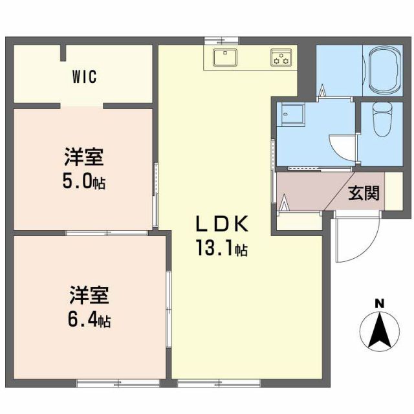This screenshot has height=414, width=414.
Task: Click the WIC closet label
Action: coord(84,78)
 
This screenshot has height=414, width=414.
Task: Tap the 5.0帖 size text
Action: coord(84,182)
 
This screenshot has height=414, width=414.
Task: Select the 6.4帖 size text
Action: coord(90,319)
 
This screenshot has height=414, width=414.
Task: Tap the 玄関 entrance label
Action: coord(364,193)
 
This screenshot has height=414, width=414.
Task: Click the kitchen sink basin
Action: coord(224,58)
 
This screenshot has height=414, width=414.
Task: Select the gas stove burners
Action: coord(281,58)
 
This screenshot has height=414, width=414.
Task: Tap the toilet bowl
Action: coord(383,122)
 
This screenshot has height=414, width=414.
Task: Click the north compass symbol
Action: coord(379,331)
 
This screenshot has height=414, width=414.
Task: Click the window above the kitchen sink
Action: coord(213,40)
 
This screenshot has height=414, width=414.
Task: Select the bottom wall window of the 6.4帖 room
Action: coord(109,383)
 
